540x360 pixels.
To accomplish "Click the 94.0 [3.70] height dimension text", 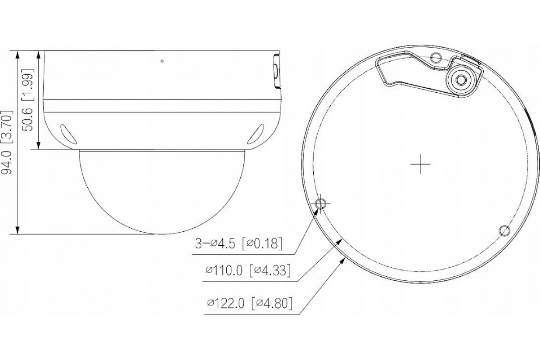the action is [x=6, y=142].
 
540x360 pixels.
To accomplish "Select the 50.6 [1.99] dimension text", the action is [x=28, y=100].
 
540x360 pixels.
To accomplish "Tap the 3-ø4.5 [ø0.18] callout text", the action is [x=238, y=243].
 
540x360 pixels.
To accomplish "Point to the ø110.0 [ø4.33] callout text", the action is [x=248, y=270].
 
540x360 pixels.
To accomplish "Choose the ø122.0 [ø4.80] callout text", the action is [x=250, y=303].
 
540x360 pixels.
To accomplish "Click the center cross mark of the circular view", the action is [x=420, y=164].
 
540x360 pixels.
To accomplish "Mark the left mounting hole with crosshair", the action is [x=320, y=204].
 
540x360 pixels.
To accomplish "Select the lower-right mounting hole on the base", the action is [x=504, y=231].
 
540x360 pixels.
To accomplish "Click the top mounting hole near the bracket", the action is [x=436, y=58].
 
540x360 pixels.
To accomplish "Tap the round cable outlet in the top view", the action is [x=460, y=80].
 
